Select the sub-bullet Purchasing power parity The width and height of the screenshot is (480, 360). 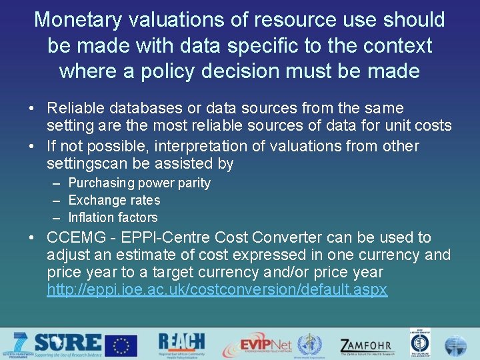click(139, 183)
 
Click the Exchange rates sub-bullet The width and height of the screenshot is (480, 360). click(115, 200)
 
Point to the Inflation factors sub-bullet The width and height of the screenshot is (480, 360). click(113, 217)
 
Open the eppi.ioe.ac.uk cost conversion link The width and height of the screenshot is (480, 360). click(217, 290)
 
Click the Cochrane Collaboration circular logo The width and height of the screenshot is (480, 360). click(420, 345)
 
